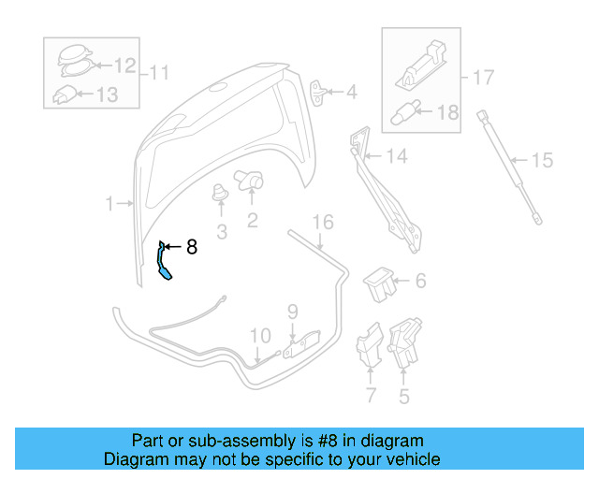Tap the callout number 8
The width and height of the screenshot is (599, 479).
point(192,247)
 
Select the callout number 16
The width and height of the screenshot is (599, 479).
point(322,222)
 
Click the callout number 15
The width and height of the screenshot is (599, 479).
point(543,160)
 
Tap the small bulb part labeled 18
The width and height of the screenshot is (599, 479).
point(402,112)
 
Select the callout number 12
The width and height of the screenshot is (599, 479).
point(125,65)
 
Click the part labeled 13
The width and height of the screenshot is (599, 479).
point(66,94)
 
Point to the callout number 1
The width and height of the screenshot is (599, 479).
point(109,203)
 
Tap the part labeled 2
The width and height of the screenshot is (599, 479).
point(252,181)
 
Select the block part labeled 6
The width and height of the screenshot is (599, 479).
point(378,282)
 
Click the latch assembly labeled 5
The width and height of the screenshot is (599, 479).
point(403,343)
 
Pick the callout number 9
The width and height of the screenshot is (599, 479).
point(292,311)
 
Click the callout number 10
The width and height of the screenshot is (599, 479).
point(259,334)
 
